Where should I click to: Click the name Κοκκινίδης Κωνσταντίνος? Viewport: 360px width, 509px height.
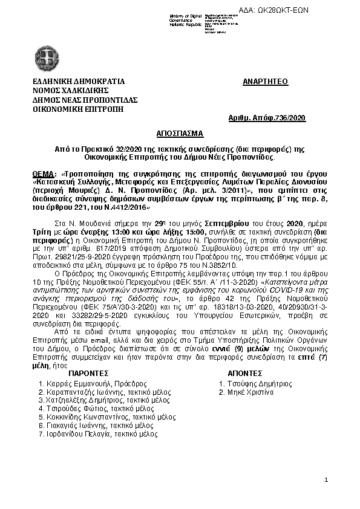click(89, 417)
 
